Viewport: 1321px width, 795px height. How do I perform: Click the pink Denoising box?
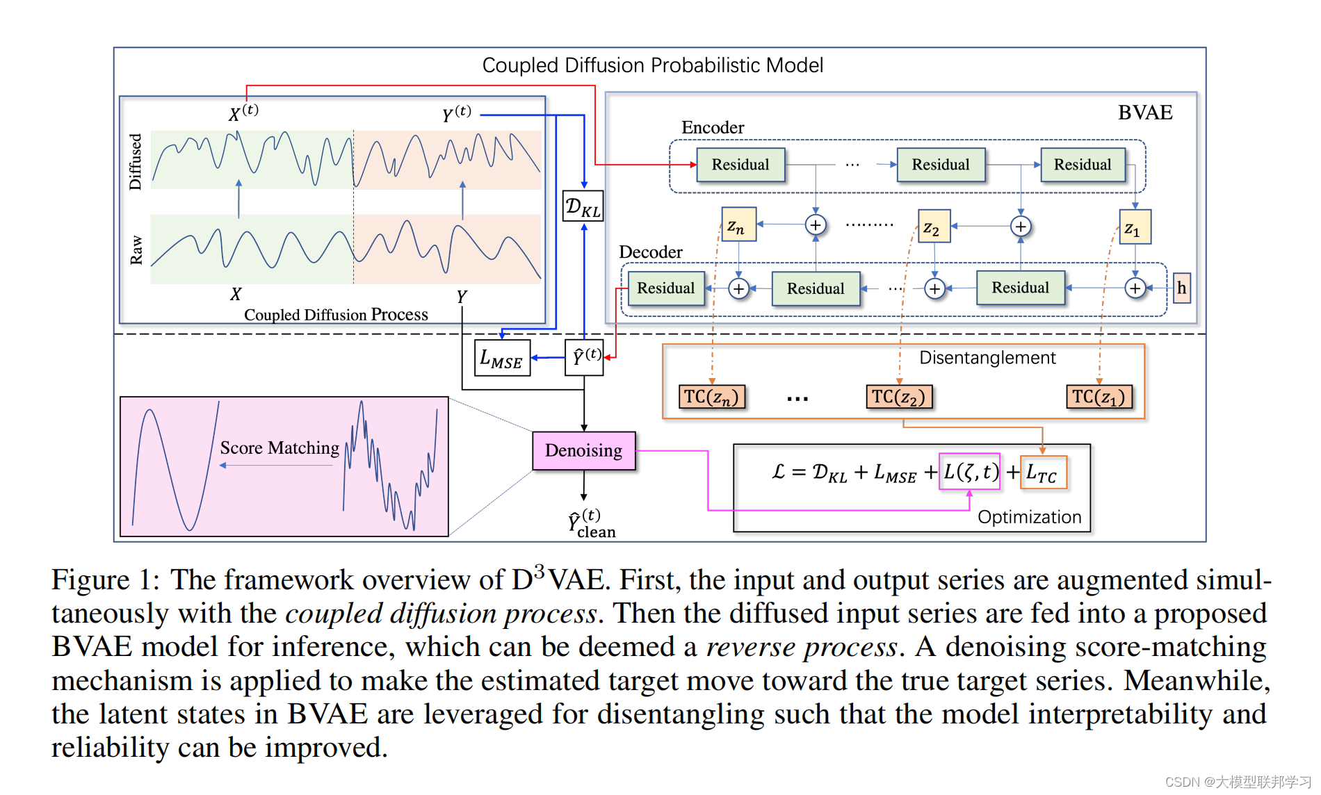pos(583,450)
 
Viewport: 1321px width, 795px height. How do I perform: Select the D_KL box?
pos(583,206)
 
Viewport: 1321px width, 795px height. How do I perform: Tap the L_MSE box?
pos(502,358)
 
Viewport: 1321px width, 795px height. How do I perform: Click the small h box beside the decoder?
pos(1181,288)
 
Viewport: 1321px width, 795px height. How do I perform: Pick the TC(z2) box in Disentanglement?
pos(898,397)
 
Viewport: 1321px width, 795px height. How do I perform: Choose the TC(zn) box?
pos(711,397)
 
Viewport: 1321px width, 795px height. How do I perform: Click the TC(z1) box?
pos(1099,397)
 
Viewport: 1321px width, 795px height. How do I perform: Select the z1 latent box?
pos(1134,227)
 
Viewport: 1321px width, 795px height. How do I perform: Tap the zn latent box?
pos(738,224)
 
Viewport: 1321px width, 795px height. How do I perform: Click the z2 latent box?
pos(933,227)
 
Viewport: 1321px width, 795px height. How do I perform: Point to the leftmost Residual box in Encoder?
pos(740,165)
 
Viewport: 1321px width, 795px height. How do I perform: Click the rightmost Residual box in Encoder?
pos(1083,165)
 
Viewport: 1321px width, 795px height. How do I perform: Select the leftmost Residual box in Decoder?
pos(666,288)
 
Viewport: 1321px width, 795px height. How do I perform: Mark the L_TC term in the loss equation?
pos(1042,473)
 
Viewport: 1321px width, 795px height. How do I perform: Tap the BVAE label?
pos(1144,113)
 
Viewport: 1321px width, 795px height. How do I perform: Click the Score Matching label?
pos(279,448)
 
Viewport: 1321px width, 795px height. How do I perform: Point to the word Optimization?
pos(1029,517)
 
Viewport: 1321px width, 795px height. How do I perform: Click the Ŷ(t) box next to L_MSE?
pos(584,357)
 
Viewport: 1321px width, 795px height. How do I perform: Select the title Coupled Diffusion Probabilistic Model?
pos(652,65)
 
